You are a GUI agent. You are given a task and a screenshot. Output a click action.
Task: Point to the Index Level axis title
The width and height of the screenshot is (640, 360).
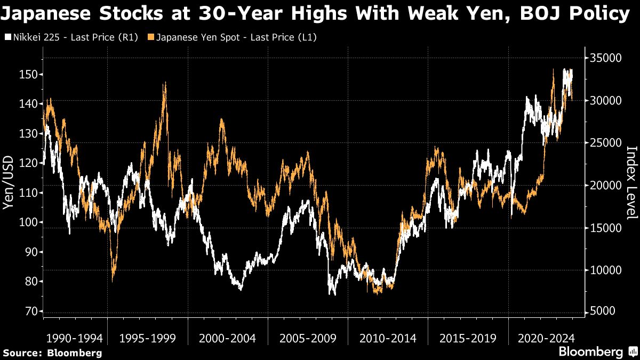coord(631,182)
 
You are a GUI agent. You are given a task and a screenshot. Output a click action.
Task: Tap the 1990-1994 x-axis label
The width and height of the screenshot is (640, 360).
coord(74,338)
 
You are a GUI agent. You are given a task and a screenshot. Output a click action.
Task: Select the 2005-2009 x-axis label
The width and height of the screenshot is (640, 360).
coord(307,338)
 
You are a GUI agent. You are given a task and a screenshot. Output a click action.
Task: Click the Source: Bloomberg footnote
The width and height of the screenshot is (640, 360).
coord(52,353)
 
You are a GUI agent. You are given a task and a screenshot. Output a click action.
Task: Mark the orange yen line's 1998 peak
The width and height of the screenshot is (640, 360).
coord(165,84)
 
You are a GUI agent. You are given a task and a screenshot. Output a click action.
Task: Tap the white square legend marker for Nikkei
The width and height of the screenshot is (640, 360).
coord(7,37)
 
